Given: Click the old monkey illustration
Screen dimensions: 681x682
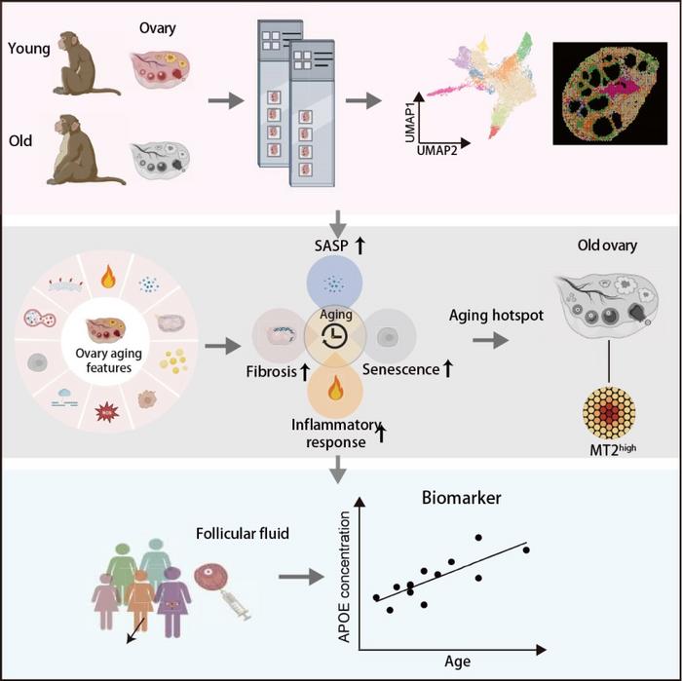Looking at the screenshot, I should click(83, 152).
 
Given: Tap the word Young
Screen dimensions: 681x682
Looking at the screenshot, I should click(25, 48).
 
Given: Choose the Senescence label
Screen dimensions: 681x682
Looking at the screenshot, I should click(400, 370).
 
